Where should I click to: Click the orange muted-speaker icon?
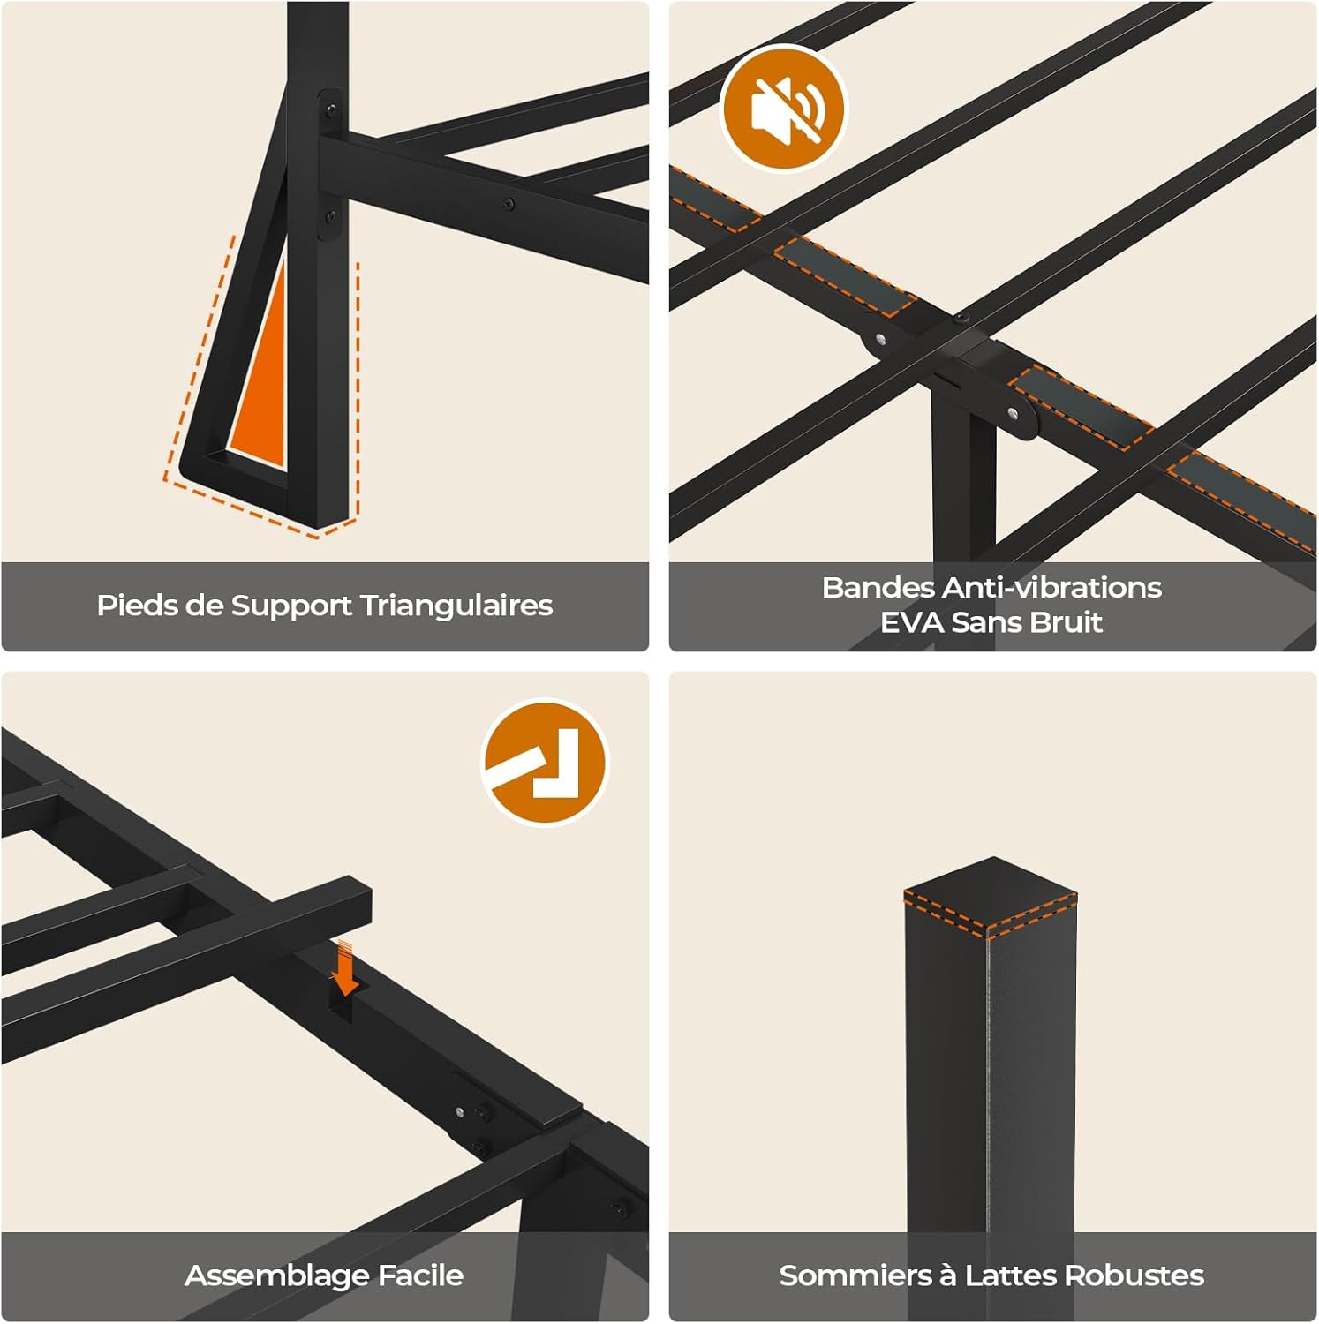[x=783, y=108]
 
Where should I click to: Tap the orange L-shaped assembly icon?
[x=545, y=763]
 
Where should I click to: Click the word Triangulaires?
[x=456, y=606]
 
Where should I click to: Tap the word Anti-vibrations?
[x=1052, y=587]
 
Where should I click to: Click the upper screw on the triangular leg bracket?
[x=330, y=110]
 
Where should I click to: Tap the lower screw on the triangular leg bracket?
[x=329, y=214]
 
